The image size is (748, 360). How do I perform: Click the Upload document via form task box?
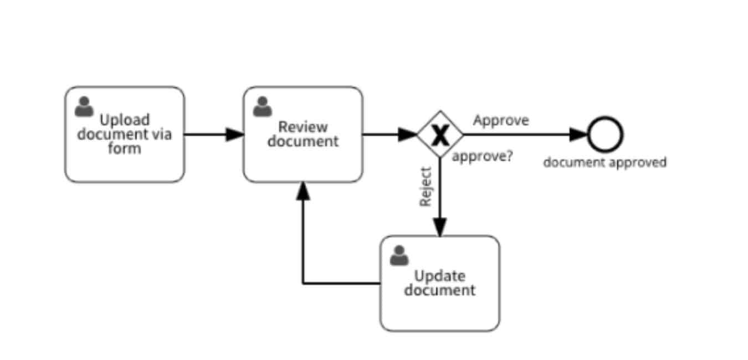click(x=124, y=135)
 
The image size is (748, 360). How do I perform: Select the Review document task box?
click(x=303, y=135)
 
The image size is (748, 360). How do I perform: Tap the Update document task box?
click(x=439, y=283)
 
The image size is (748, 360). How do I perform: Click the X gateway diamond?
click(x=439, y=134)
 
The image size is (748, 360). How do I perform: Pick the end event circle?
click(x=605, y=135)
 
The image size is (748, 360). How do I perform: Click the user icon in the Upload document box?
click(x=84, y=107)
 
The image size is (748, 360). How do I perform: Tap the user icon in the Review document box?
click(x=263, y=107)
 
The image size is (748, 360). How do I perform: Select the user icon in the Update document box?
click(x=399, y=255)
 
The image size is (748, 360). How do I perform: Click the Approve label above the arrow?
click(x=501, y=120)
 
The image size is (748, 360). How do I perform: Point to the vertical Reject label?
click(x=425, y=187)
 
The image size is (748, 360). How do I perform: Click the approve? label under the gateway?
click(x=482, y=156)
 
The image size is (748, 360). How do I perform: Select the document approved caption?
click(x=604, y=162)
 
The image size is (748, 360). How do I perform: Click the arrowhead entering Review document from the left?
click(x=235, y=134)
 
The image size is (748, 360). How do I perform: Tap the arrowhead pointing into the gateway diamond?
click(x=408, y=134)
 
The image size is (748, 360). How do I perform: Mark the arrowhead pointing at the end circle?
click(x=578, y=134)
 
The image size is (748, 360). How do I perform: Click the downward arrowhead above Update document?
click(x=439, y=227)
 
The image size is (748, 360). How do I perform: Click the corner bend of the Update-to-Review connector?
click(x=303, y=284)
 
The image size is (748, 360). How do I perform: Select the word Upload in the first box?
click(x=124, y=120)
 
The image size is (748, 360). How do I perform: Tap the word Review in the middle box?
click(x=303, y=127)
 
